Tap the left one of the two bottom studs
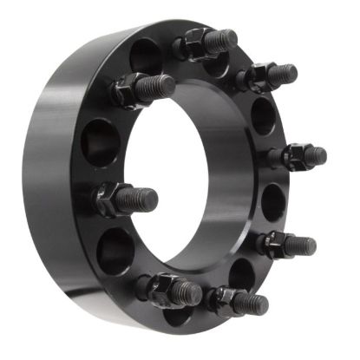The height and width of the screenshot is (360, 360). pyautogui.click(x=170, y=291)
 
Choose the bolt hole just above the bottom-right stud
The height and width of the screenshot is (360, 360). pyautogui.click(x=242, y=273)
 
